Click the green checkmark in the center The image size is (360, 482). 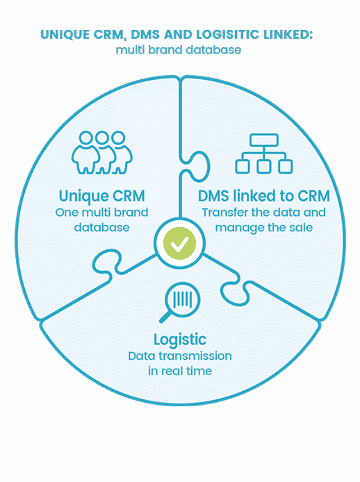coord(179,243)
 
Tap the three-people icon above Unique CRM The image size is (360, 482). coord(102,153)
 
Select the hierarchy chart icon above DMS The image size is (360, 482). coord(263,153)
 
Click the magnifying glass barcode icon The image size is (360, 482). coord(180,302)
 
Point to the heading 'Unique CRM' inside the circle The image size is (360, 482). coord(102,196)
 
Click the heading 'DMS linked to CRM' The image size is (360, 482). coord(263,196)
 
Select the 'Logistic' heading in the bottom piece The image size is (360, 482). coord(180,340)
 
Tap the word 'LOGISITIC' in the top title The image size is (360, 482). coord(228,35)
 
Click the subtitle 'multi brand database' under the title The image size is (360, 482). coord(179,50)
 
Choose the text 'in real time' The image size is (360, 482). coord(180,371)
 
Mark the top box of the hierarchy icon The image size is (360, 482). coord(264,140)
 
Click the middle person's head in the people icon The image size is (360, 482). coord(102,138)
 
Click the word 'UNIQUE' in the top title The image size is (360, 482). coord(65,35)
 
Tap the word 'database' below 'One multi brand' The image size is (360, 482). coord(102,228)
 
